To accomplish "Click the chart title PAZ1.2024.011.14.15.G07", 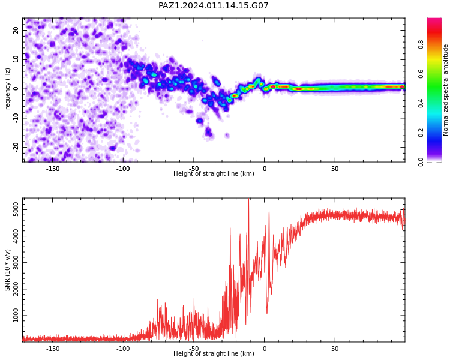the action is (213, 5).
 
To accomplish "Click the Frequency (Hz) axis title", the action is (7, 90).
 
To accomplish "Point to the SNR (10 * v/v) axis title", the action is (7, 270).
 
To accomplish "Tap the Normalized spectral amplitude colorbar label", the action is (445, 90).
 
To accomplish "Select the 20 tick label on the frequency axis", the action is (16, 30).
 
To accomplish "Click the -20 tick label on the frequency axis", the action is (16, 148).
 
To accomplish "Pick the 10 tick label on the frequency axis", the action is (16, 59).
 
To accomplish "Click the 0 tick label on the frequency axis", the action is (16, 89).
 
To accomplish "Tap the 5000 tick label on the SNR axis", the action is (16, 209).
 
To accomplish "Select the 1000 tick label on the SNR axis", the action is (16, 316).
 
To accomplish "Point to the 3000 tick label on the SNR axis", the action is (16, 262).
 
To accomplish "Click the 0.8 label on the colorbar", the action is (421, 44).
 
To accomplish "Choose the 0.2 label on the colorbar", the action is (421, 133).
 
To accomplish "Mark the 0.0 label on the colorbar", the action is (421, 162).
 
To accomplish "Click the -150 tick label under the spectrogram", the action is (53, 169).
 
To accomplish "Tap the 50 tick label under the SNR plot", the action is (335, 349).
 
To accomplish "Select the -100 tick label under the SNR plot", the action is (123, 349).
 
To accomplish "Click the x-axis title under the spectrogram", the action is (214, 173).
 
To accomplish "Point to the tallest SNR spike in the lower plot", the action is (248, 199).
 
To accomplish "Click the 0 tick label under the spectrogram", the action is (265, 169).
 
